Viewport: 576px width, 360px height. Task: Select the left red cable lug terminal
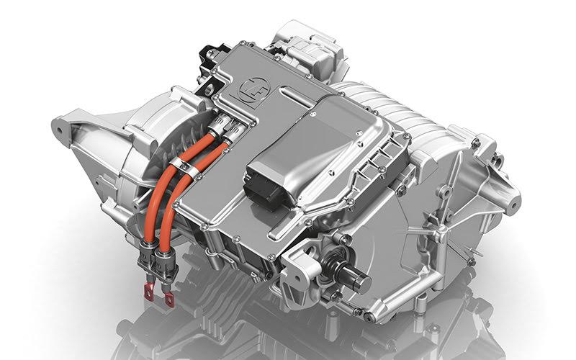(149, 291)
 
